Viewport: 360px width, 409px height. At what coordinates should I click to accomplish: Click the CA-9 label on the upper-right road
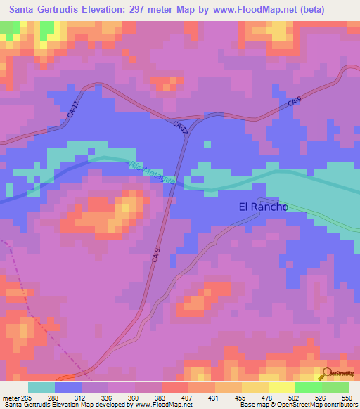295,103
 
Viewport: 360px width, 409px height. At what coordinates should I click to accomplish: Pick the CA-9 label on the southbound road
156,256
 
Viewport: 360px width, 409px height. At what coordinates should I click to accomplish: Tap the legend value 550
347,398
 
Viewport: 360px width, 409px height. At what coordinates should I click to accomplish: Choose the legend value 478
269,398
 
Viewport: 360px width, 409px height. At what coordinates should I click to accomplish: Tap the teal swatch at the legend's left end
41,387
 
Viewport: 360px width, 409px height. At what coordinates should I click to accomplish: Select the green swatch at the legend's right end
335,387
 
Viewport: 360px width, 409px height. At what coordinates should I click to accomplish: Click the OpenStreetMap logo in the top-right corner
340,76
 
